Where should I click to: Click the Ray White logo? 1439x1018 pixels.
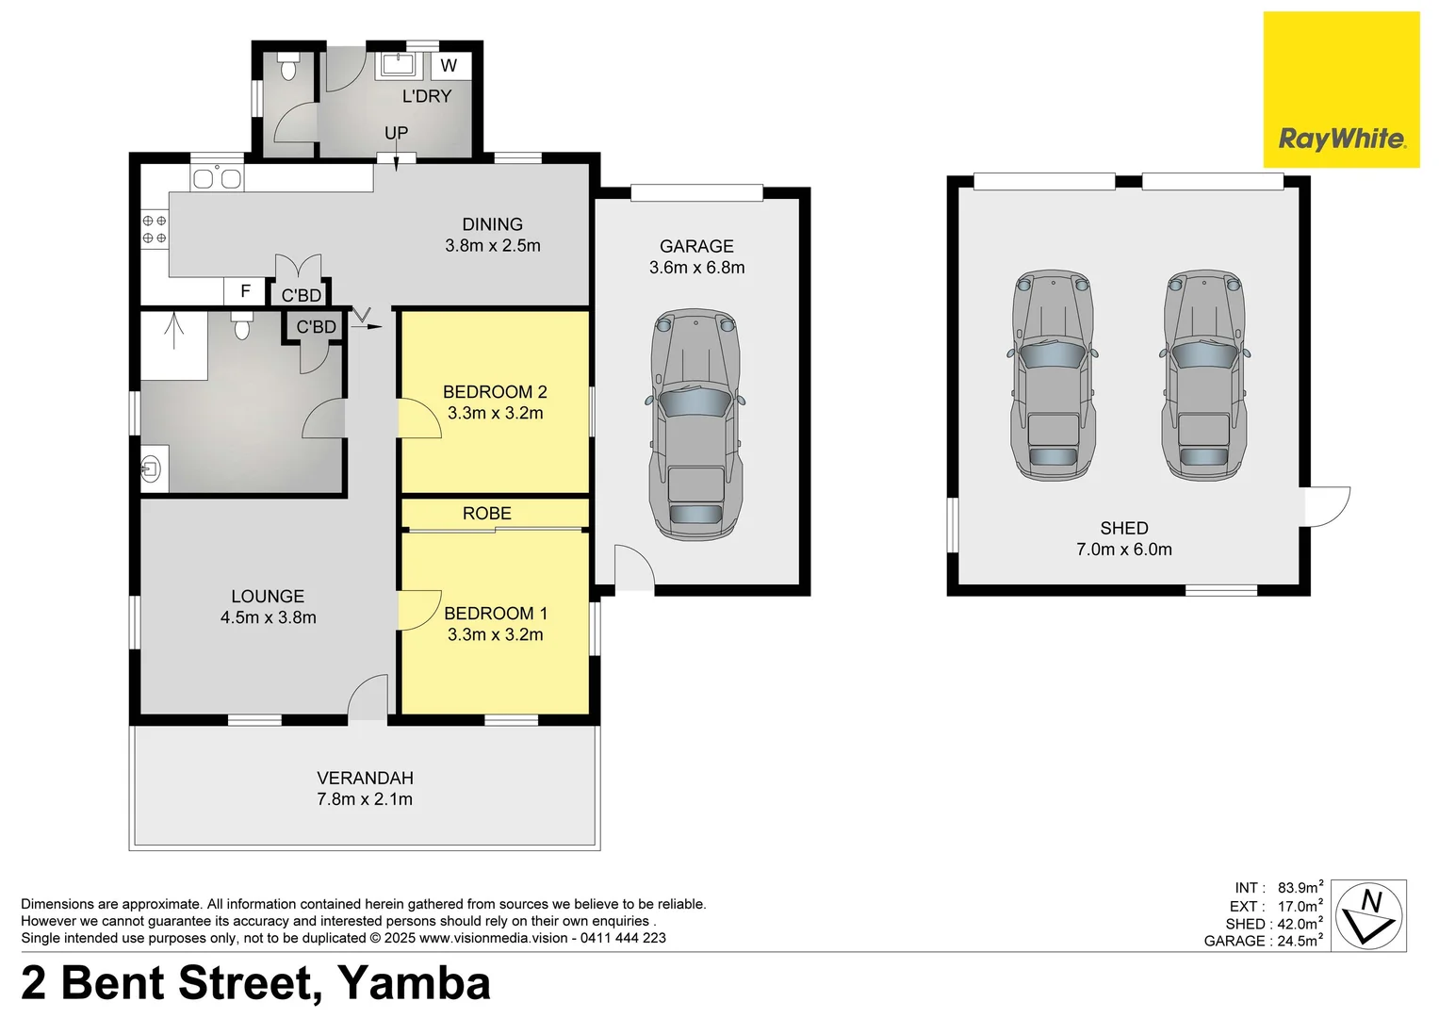pyautogui.click(x=1341, y=90)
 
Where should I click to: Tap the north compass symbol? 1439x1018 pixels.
pyautogui.click(x=1369, y=915)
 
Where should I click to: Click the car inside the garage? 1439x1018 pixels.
pyautogui.click(x=695, y=424)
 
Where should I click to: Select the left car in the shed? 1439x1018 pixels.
pyautogui.click(x=1053, y=374)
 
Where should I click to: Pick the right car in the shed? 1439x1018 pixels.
pyautogui.click(x=1204, y=374)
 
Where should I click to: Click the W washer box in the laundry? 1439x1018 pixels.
pyautogui.click(x=450, y=65)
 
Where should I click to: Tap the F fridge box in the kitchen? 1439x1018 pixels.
pyautogui.click(x=246, y=291)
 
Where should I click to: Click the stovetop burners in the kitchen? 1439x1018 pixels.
pyautogui.click(x=155, y=228)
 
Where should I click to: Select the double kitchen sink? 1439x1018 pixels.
pyautogui.click(x=217, y=178)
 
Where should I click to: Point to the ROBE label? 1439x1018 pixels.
pyautogui.click(x=486, y=513)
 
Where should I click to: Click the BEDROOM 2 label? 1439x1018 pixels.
pyautogui.click(x=495, y=392)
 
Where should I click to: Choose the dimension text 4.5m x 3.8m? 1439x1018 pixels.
pyautogui.click(x=268, y=617)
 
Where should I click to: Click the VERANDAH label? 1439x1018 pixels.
pyautogui.click(x=365, y=778)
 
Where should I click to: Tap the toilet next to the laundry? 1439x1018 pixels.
pyautogui.click(x=288, y=67)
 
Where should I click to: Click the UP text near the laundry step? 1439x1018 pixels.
pyautogui.click(x=396, y=133)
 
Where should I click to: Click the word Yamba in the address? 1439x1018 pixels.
pyautogui.click(x=414, y=982)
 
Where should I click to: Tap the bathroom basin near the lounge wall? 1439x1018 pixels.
pyautogui.click(x=151, y=467)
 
